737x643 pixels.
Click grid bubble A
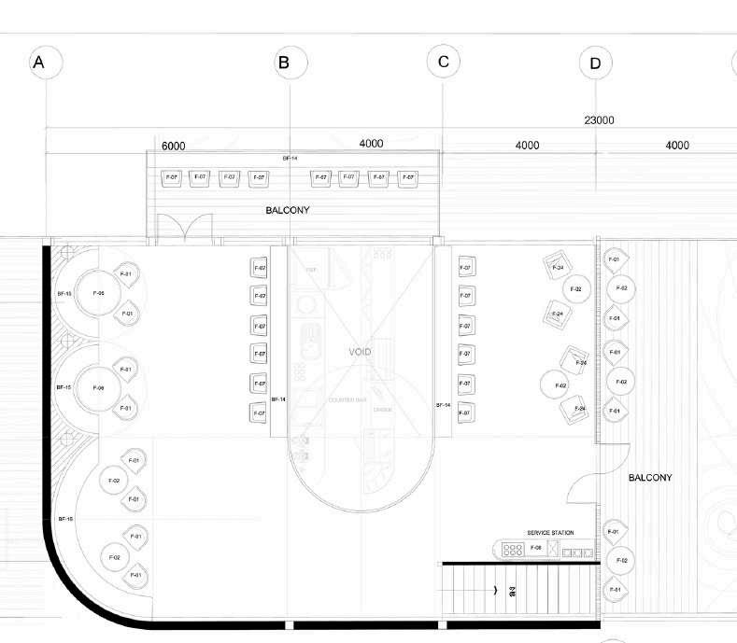pos(39,63)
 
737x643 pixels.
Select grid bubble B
pos(284,63)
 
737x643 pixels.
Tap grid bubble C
pos(443,63)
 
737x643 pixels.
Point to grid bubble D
pos(595,63)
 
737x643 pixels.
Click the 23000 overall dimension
pos(599,120)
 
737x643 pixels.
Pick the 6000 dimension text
pos(174,146)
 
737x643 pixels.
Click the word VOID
pos(360,352)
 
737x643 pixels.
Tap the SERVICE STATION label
pos(550,533)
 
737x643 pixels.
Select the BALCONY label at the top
pos(288,210)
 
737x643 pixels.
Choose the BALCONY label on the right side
pos(650,478)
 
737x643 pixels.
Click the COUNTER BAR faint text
pos(347,400)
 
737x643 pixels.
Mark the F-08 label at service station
pos(535,548)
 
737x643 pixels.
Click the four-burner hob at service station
pos(512,549)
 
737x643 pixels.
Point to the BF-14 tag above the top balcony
pos(290,159)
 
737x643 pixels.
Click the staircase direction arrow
pos(495,590)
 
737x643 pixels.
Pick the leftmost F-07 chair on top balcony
pos(170,177)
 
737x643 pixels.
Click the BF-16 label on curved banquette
pos(64,518)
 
